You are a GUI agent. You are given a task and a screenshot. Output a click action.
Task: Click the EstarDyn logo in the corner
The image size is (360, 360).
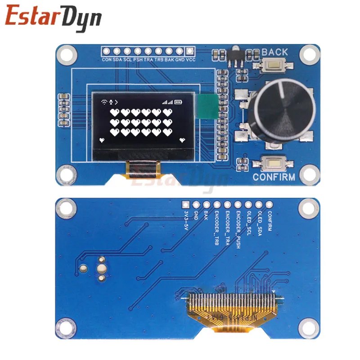(x=54, y=18)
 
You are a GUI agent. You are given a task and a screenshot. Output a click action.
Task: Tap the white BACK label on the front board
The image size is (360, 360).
(x=274, y=52)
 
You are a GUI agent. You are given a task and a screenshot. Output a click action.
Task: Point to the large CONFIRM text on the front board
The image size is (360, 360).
(x=274, y=177)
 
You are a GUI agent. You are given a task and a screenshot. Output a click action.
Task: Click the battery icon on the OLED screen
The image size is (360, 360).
(x=179, y=102)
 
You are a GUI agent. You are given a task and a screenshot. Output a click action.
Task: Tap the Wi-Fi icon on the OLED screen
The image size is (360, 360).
(x=104, y=102)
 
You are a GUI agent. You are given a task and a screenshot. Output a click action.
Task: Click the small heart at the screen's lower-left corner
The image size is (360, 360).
(x=102, y=141)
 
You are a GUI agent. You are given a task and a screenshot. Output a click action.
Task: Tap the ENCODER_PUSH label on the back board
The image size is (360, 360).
(x=238, y=226)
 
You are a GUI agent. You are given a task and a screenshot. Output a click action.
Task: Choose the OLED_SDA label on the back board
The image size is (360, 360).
(x=259, y=222)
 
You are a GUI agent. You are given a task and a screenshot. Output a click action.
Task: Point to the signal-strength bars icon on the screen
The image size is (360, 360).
(x=167, y=102)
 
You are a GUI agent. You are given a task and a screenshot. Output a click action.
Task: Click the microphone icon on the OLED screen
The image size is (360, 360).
(x=111, y=102)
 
